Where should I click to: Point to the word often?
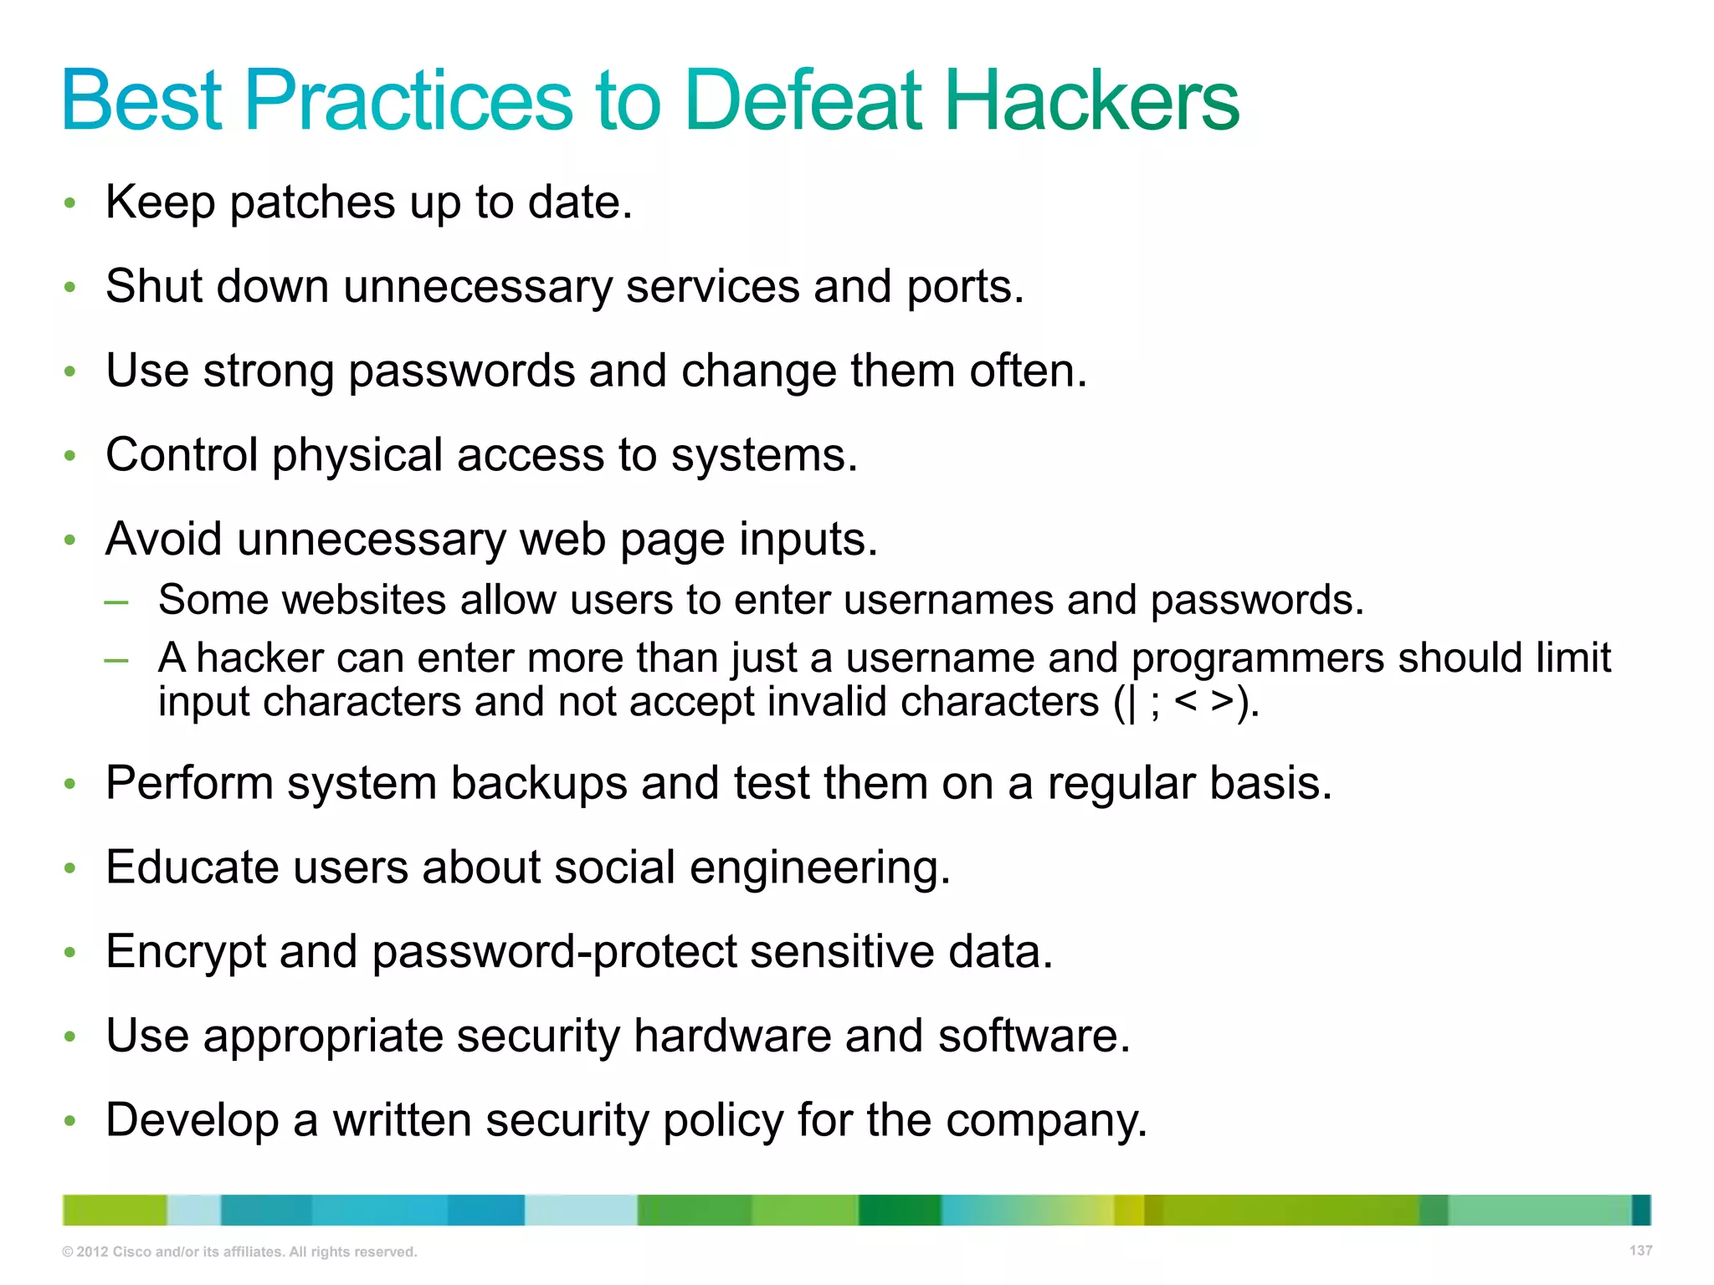(1028, 371)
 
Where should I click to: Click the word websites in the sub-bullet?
(364, 600)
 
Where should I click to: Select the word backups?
(539, 784)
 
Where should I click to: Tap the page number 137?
(1640, 1251)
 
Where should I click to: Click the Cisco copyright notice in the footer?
(239, 1252)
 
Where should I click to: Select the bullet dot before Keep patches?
(70, 203)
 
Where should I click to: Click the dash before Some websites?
(116, 602)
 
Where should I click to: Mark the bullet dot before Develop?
(70, 1121)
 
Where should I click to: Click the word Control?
(182, 455)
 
